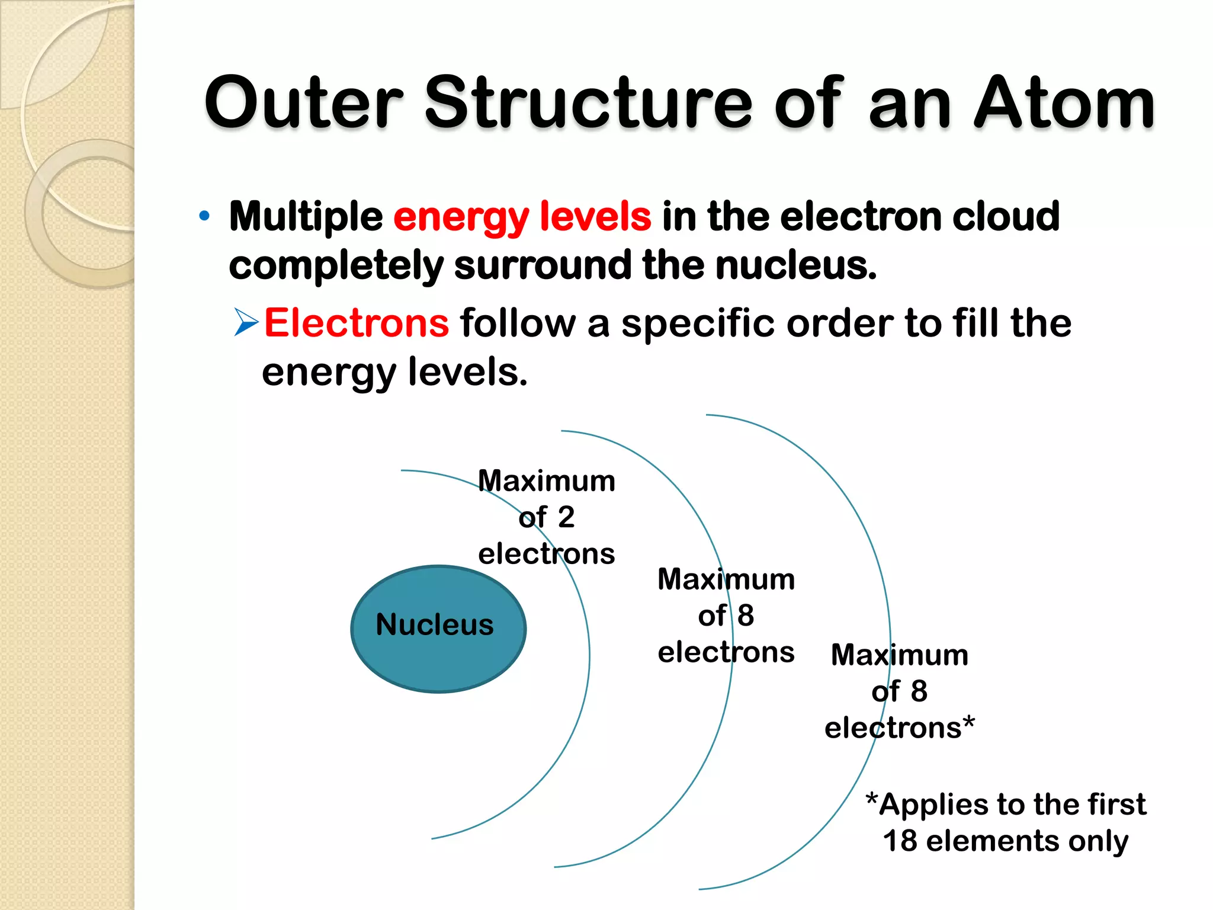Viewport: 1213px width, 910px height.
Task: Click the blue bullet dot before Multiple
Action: (204, 216)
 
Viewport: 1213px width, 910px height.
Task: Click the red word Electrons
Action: (356, 323)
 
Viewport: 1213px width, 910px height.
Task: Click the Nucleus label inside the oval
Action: (435, 625)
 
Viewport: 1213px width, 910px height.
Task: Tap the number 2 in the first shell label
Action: (566, 517)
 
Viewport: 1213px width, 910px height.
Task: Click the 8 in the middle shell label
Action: (746, 616)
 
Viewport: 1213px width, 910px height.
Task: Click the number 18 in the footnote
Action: (900, 841)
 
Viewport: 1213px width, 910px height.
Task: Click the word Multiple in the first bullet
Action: (306, 217)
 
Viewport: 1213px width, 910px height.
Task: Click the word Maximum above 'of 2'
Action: (547, 481)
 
